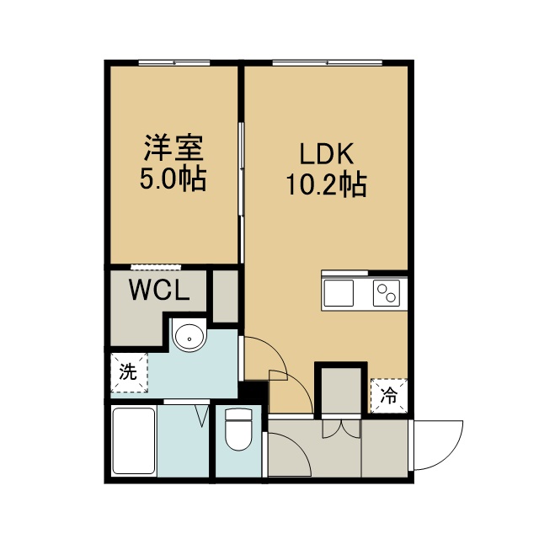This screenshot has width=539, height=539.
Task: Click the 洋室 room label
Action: click(173, 148)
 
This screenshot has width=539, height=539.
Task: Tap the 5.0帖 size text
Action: click(173, 179)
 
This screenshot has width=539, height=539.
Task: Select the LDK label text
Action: click(327, 154)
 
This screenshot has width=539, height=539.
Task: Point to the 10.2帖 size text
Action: click(327, 184)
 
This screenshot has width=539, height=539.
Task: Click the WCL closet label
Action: click(159, 289)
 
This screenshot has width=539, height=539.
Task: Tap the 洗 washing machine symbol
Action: click(129, 372)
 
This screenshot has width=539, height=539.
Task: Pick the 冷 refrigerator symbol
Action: click(389, 396)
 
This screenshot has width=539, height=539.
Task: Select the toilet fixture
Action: click(238, 430)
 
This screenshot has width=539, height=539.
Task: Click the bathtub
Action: click(134, 441)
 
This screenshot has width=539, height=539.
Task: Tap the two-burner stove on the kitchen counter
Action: click(387, 293)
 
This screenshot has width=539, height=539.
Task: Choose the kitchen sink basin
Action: click(339, 293)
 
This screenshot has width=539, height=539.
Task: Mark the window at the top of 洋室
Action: click(174, 63)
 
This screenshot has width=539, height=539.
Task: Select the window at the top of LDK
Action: click(328, 63)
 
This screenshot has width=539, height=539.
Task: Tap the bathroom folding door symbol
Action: click(202, 416)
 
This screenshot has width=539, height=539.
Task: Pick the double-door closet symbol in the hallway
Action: click(342, 429)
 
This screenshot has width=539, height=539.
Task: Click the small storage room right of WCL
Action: click(226, 296)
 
